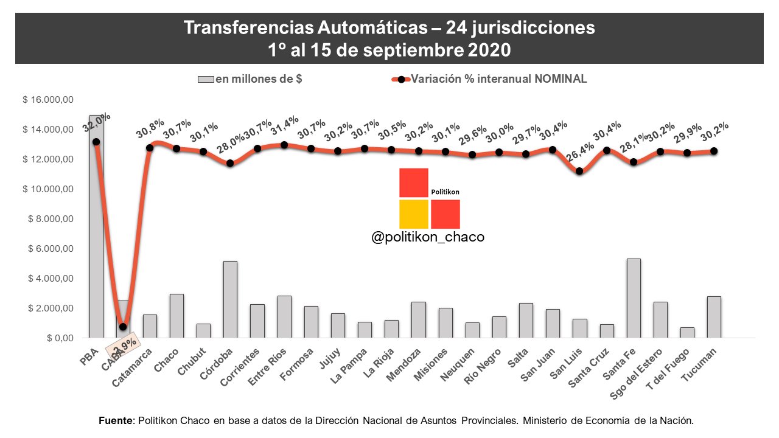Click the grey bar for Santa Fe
pos(633,298)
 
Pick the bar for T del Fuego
pos(687,332)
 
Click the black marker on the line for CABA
pos(123,327)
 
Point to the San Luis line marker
pos(579,171)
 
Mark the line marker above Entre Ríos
pos(284,145)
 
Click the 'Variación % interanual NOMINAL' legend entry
pos(498,79)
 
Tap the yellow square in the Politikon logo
pos(414,214)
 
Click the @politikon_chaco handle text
pos(428,237)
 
